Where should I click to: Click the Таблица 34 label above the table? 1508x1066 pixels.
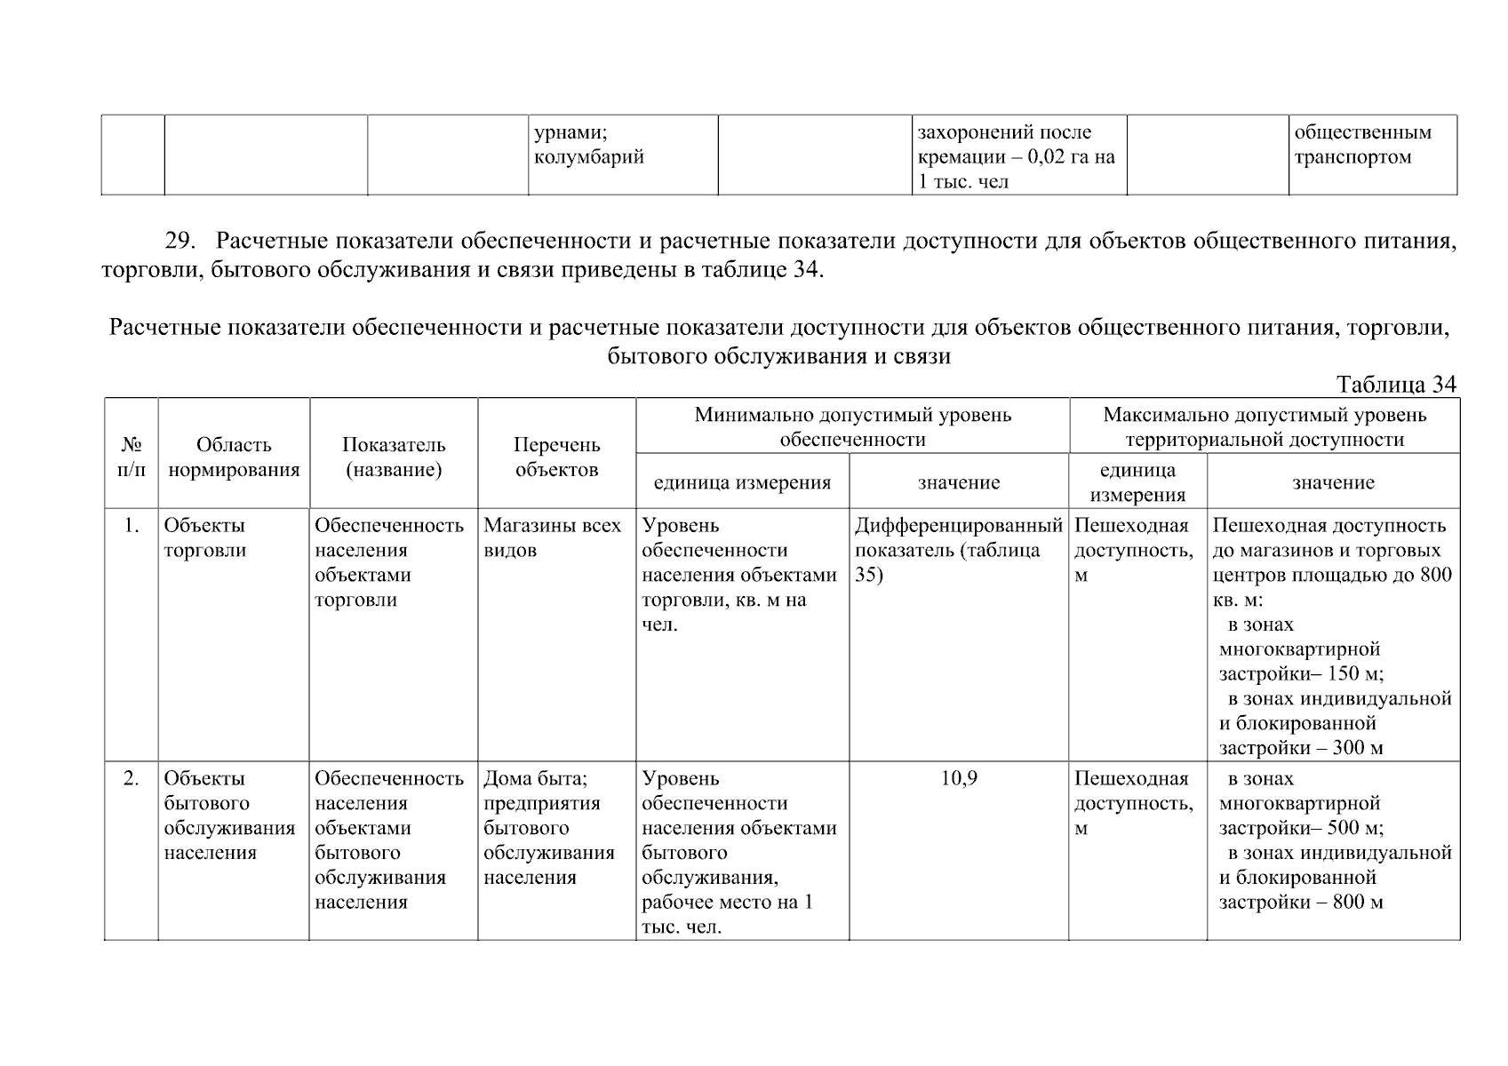tap(1396, 385)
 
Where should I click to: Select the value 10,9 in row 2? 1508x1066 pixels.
tap(959, 779)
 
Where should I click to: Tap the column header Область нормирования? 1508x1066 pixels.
tap(234, 457)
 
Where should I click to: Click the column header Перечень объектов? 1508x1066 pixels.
tap(557, 457)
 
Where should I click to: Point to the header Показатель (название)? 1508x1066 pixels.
tap(394, 457)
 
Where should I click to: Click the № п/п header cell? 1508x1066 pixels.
tap(132, 457)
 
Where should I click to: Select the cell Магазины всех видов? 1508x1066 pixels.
tap(552, 537)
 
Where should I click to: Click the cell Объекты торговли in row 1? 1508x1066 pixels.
tap(204, 537)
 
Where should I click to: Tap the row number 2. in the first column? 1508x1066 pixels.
tap(132, 779)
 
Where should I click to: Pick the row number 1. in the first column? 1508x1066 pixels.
tap(132, 526)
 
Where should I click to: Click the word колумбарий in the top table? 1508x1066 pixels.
tap(588, 158)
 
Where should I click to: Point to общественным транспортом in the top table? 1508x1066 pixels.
tap(1362, 145)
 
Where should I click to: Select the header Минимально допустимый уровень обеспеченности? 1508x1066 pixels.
tap(852, 427)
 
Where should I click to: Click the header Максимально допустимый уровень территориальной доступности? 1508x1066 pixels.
tap(1264, 427)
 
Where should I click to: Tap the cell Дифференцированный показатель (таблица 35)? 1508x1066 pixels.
tap(958, 550)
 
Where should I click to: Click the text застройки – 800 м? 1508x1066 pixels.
tap(1300, 903)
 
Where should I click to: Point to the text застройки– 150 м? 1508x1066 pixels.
tap(1300, 674)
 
